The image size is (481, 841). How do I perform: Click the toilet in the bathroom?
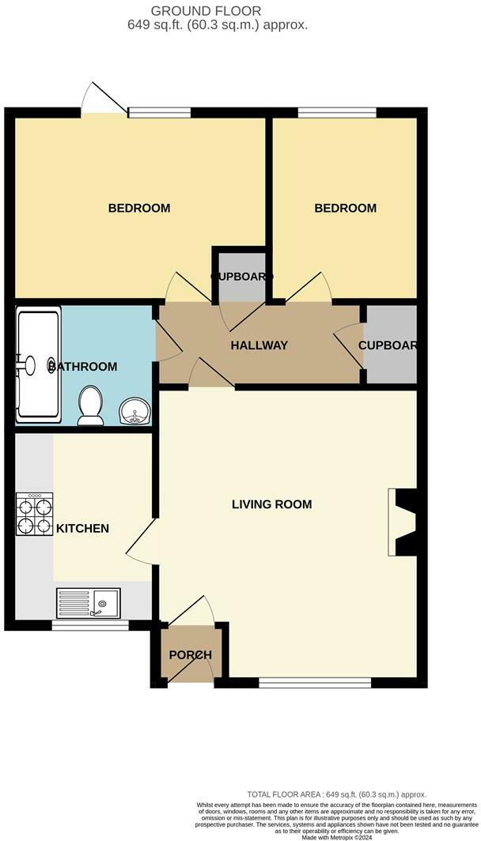[90, 404]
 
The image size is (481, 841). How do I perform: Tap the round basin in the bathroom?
[134, 412]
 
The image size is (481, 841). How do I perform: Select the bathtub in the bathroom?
[38, 365]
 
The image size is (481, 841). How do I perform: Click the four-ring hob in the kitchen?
[33, 515]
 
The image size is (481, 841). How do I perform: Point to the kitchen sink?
[87, 602]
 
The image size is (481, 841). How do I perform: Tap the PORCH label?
[191, 655]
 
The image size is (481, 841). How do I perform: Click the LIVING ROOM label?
[271, 504]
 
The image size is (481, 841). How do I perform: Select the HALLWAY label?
[259, 345]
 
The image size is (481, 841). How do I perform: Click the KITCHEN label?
[81, 528]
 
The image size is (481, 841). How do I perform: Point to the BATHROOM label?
[83, 367]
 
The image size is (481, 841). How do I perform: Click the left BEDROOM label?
[139, 209]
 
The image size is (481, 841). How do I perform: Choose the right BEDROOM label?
[346, 209]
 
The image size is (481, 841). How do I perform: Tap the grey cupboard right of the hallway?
[390, 345]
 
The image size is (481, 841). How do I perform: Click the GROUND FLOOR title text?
[218, 10]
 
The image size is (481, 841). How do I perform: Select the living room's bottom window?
[315, 681]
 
